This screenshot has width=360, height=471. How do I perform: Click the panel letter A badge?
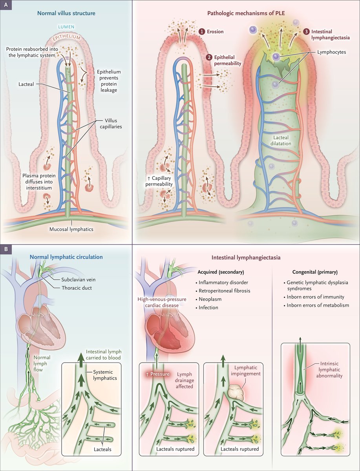pos(6,5)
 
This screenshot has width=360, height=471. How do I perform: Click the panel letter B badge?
pos(6,250)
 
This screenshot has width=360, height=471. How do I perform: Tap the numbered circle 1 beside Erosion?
pos(202,32)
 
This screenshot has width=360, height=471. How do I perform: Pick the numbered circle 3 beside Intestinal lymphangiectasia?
pos(306,32)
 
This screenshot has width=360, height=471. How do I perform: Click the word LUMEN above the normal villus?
pos(66,27)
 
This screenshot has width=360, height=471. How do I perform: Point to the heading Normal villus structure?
pos(66,13)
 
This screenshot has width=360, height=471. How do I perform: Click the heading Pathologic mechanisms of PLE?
pos(246,13)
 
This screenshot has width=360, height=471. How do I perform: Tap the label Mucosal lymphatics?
pos(71,229)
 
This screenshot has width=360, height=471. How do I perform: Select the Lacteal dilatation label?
pos(281,141)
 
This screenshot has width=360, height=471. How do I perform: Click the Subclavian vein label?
pos(78,279)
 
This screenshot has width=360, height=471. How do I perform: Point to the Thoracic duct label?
pos(77,288)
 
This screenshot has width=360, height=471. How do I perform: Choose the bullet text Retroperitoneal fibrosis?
pos(224,291)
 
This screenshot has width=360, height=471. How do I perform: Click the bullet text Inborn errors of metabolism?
pos(318,305)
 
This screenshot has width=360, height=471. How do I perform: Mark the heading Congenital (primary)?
pos(315,272)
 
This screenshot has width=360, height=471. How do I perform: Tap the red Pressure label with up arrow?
pos(158,374)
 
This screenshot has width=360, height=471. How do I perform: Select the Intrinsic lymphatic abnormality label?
pos(329,370)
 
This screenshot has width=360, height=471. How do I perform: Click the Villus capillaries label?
pos(111,124)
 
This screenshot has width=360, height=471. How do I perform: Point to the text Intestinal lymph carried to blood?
pos(104,355)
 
